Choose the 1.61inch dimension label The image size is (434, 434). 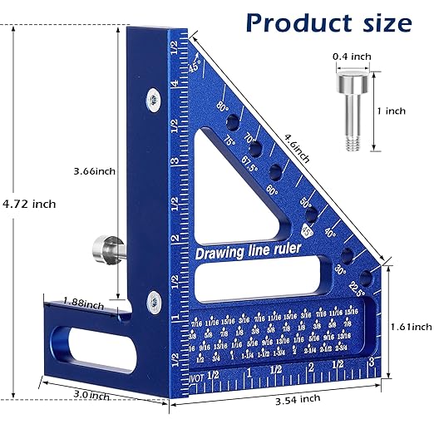pos(408,327)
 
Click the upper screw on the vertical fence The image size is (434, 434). pos(154,98)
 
